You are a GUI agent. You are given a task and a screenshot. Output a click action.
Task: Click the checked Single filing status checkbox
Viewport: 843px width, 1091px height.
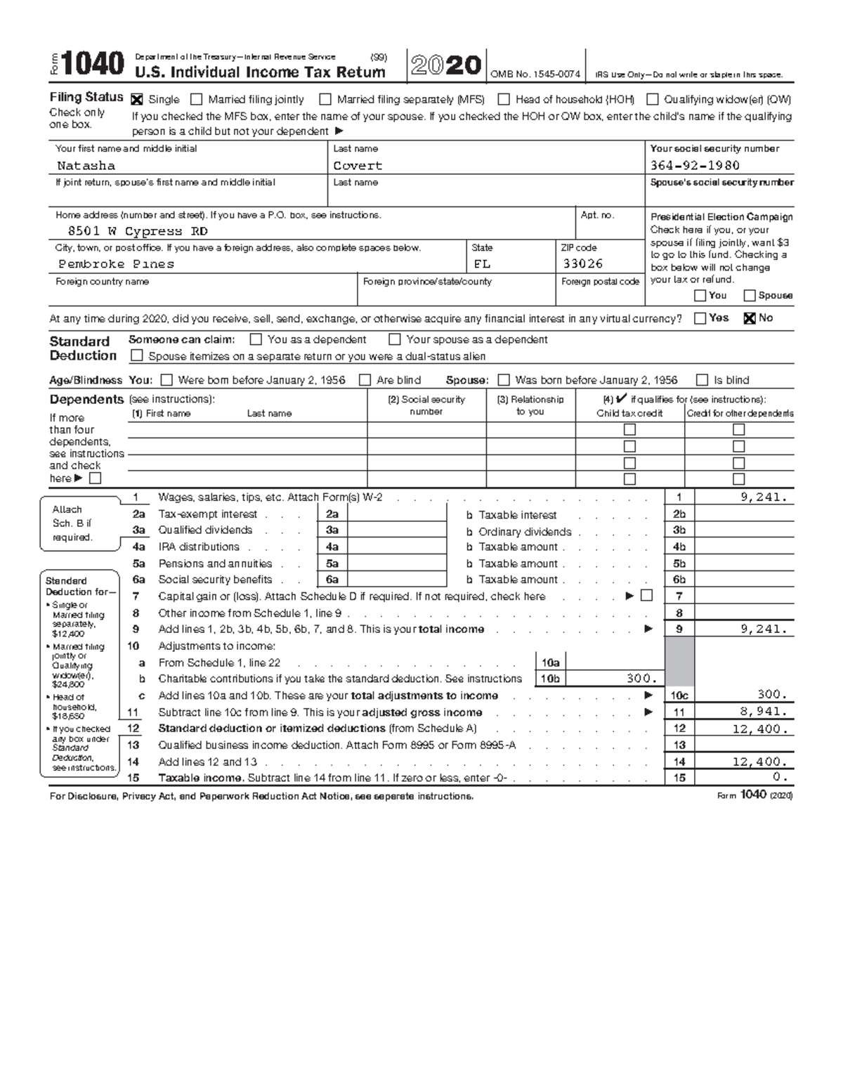pyautogui.click(x=137, y=100)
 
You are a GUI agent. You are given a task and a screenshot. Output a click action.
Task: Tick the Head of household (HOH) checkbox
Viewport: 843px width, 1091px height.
pyautogui.click(x=504, y=100)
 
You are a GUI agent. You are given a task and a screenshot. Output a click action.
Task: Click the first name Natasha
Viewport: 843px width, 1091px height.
pyautogui.click(x=86, y=166)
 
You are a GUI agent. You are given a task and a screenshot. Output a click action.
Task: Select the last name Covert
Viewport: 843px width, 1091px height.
pyautogui.click(x=358, y=166)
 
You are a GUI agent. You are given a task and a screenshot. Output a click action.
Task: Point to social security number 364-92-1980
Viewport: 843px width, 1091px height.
pyautogui.click(x=695, y=166)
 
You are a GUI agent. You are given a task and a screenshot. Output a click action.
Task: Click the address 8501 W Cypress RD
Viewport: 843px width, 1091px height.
pyautogui.click(x=137, y=231)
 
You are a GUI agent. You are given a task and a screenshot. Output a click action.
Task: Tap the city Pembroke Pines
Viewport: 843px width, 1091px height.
pyautogui.click(x=116, y=264)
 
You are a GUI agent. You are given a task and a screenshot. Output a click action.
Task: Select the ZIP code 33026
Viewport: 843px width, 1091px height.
pyautogui.click(x=582, y=264)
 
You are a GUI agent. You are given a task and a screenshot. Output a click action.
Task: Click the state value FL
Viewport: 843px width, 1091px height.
pyautogui.click(x=482, y=264)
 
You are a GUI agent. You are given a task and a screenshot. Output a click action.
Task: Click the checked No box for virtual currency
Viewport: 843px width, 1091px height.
pyautogui.click(x=749, y=318)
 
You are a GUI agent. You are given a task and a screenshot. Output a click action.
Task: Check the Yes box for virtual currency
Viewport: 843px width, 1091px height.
pyautogui.click(x=700, y=318)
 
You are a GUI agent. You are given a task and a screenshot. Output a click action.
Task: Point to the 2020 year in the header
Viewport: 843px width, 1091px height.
pyautogui.click(x=445, y=66)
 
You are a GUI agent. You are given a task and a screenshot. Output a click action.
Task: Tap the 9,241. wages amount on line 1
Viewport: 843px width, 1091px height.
pyautogui.click(x=764, y=497)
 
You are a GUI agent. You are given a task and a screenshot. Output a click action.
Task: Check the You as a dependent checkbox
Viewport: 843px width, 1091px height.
pyautogui.click(x=256, y=340)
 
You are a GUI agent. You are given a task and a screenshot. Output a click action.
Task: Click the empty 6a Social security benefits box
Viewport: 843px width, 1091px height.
pyautogui.click(x=397, y=580)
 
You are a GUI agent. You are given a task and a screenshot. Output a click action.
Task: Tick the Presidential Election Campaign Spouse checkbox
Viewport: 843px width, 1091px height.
pyautogui.click(x=750, y=296)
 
